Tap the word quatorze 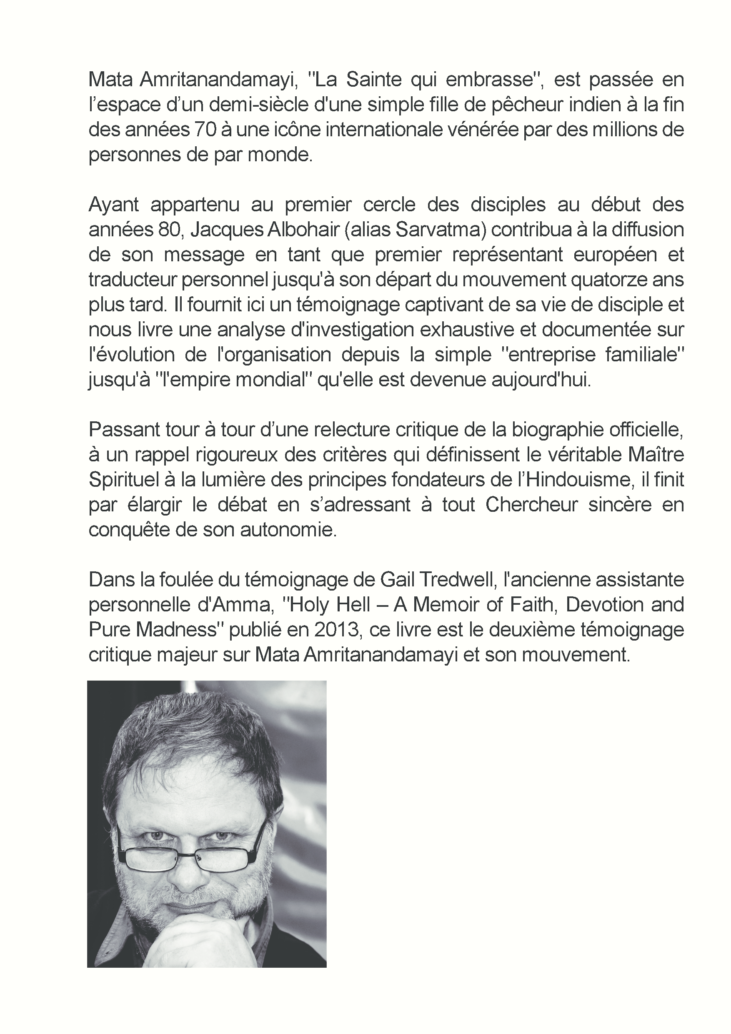(609, 280)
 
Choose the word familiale (645, 355)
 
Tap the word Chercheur (531, 504)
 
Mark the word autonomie (288, 530)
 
